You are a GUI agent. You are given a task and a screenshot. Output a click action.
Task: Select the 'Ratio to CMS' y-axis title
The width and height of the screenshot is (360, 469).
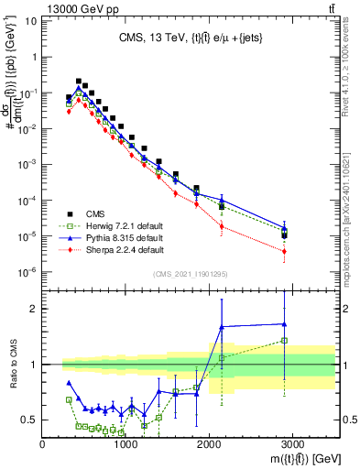13,364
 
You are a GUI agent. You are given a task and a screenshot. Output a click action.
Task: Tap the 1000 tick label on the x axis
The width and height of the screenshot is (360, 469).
125,443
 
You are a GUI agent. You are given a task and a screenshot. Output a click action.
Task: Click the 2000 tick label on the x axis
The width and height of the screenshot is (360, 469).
209,443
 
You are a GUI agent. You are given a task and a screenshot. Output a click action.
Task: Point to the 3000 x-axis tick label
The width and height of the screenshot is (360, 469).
292,443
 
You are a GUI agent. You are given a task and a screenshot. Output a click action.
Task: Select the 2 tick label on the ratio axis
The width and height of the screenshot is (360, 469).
33,309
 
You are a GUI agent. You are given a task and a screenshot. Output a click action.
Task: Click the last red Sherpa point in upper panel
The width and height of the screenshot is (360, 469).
285,251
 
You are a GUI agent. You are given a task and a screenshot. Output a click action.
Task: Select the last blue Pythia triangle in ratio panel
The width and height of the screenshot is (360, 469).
285,323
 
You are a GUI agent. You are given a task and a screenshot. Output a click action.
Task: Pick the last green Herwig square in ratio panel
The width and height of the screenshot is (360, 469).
285,340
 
